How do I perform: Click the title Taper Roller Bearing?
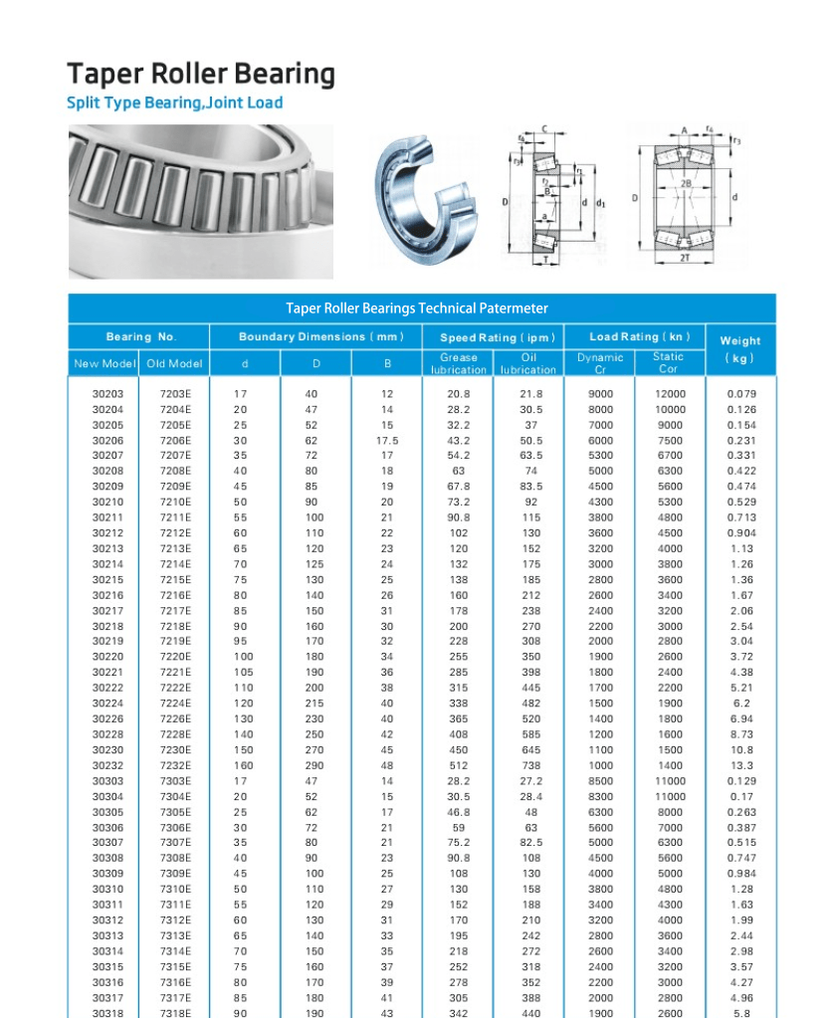(x=201, y=75)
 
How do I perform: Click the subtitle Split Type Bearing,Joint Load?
(x=174, y=102)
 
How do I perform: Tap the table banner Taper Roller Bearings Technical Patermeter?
(x=417, y=308)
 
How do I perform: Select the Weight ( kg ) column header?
(x=739, y=348)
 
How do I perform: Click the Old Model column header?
(x=174, y=363)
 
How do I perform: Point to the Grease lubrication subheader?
(x=459, y=363)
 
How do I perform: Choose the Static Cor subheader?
(x=669, y=363)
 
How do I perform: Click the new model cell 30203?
(x=107, y=394)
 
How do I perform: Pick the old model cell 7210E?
(x=175, y=503)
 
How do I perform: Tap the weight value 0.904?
(x=741, y=533)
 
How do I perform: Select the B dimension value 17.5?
(x=387, y=440)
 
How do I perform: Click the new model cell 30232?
(x=107, y=766)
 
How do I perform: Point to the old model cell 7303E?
(x=175, y=781)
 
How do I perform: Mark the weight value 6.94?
(x=741, y=719)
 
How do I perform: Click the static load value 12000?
(x=670, y=394)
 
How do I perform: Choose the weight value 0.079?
(x=741, y=394)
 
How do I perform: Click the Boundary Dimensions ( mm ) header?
(x=321, y=337)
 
